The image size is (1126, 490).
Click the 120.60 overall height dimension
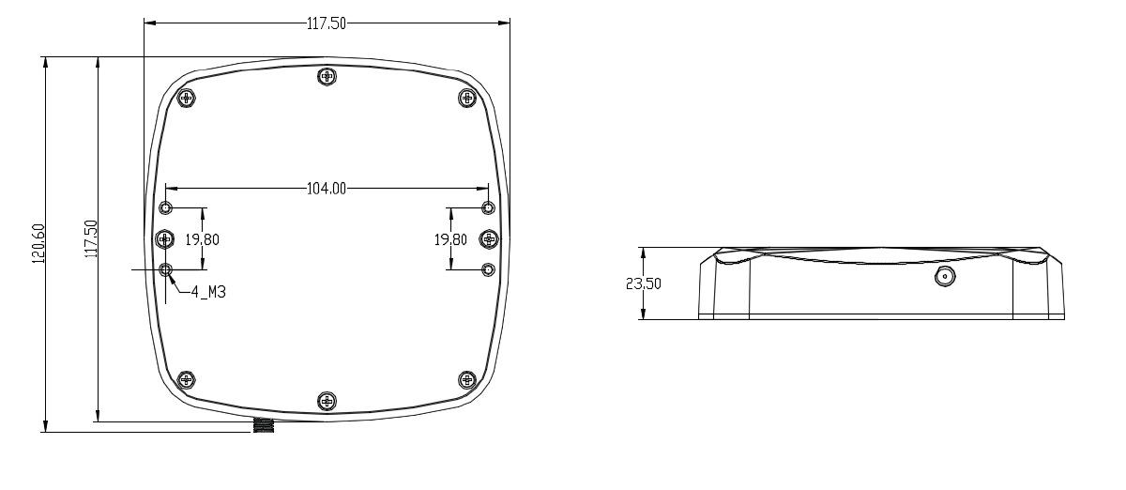(x=38, y=244)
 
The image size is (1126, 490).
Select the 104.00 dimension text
(x=327, y=189)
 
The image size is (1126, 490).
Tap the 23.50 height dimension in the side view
(x=644, y=283)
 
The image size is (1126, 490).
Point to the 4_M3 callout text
(x=208, y=292)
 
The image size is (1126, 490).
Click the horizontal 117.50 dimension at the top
(x=327, y=24)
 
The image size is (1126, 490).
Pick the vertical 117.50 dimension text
(x=91, y=240)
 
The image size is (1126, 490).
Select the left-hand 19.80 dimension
(x=202, y=239)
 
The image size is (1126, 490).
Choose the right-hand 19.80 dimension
(x=450, y=239)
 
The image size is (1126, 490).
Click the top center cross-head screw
(x=327, y=76)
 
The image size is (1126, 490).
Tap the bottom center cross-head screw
(x=327, y=401)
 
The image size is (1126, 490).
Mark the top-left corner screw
(x=187, y=98)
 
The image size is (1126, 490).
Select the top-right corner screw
(x=466, y=98)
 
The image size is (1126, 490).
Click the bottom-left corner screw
(x=187, y=380)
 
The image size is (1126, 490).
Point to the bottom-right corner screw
(x=466, y=380)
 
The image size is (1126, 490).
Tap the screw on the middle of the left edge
(x=165, y=239)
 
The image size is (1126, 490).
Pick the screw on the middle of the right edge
(x=488, y=239)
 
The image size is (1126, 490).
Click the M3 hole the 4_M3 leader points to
(x=166, y=270)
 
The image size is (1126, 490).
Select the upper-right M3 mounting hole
(x=487, y=207)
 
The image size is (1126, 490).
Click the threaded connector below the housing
(x=264, y=426)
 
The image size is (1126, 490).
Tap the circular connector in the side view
(x=944, y=277)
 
